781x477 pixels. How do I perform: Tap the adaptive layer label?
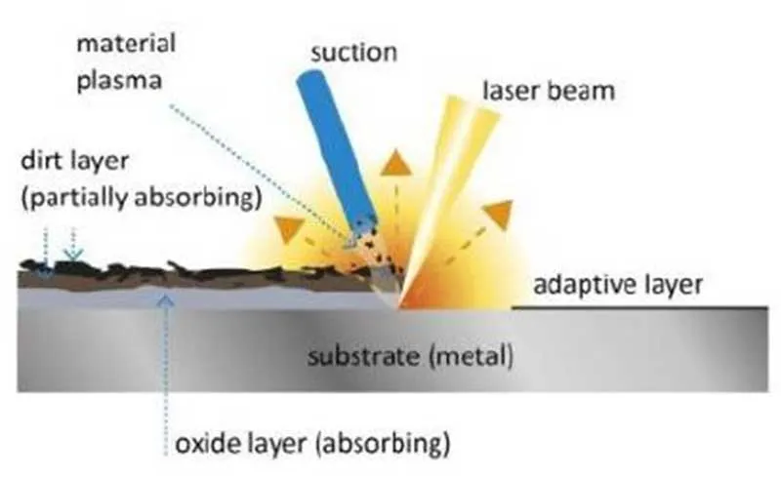point(618,285)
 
